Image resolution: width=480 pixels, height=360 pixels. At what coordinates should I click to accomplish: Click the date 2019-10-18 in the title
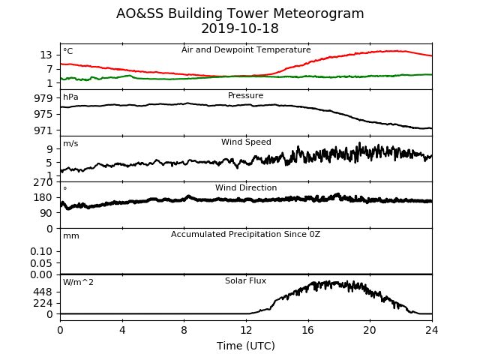pos(240,28)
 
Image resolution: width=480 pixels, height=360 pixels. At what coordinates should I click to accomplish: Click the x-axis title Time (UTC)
pos(246,346)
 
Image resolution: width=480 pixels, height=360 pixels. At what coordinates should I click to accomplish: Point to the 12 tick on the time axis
pos(246,330)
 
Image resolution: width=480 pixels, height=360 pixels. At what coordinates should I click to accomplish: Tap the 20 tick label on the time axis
pos(370,330)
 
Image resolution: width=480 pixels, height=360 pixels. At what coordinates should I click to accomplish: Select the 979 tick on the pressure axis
pos(43,98)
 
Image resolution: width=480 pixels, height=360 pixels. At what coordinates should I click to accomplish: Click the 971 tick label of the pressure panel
pos(43,130)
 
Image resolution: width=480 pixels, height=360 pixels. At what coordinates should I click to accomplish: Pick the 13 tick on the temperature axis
pos(46,55)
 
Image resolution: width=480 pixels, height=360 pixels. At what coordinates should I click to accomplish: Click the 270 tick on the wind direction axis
pos(43,182)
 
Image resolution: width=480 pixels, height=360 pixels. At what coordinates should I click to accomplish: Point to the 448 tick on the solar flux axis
pos(43,292)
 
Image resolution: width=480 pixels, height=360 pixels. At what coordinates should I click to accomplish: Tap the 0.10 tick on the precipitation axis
pos(41,252)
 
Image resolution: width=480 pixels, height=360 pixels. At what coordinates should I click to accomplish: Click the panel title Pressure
pos(245,95)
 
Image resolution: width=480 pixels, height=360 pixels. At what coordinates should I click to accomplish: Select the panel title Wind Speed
pos(246,142)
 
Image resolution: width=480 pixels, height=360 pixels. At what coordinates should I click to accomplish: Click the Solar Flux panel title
pos(245,280)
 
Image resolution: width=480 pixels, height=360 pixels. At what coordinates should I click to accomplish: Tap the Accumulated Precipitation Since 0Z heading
pos(245,235)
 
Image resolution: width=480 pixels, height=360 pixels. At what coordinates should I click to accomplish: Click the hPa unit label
pos(70,97)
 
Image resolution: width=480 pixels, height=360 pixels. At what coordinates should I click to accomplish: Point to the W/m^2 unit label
pos(78,282)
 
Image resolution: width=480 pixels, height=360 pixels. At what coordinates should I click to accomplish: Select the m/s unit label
pos(70,143)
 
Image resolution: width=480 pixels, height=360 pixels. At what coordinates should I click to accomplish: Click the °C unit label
pos(68,51)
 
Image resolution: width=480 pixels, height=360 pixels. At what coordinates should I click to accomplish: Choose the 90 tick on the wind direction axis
pos(46,213)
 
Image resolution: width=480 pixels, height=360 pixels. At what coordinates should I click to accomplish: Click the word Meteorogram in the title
pos(318,13)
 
